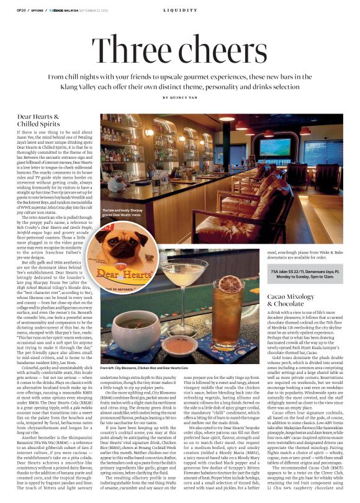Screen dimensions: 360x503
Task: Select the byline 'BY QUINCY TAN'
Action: (180, 97)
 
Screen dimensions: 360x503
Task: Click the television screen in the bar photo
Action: (275, 148)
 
